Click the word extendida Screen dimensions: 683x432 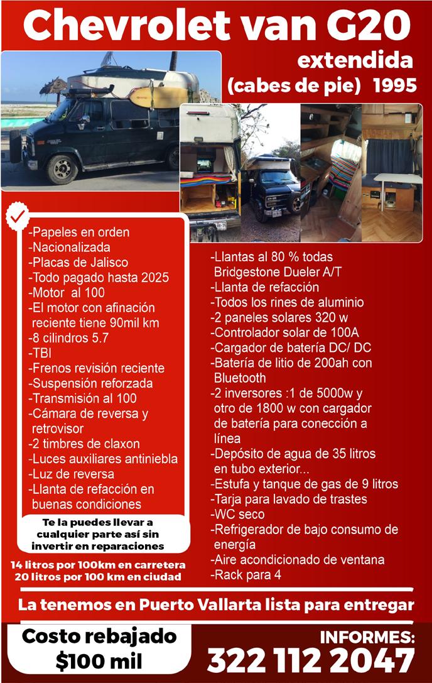(x=355, y=61)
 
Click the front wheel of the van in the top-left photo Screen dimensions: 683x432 (x=61, y=168)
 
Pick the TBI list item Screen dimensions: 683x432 (x=41, y=352)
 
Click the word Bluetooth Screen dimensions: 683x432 (x=239, y=378)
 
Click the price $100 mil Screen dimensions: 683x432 (x=99, y=661)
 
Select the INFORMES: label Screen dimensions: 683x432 (x=367, y=637)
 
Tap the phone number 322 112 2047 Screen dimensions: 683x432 (x=311, y=661)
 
